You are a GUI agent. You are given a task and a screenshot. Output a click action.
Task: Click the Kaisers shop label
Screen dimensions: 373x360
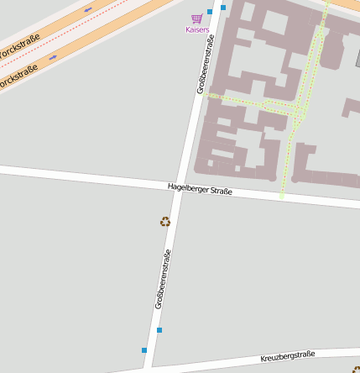click(x=197, y=29)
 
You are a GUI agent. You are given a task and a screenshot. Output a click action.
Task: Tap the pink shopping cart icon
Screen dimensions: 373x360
click(x=197, y=18)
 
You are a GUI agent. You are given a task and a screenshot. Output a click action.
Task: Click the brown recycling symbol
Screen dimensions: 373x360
click(x=165, y=222)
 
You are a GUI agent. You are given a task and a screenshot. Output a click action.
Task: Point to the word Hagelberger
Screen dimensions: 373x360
click(x=187, y=187)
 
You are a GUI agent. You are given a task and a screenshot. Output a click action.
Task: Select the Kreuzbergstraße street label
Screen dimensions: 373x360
click(x=287, y=357)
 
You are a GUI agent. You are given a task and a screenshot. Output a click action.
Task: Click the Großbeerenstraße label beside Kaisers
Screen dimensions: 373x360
click(x=205, y=64)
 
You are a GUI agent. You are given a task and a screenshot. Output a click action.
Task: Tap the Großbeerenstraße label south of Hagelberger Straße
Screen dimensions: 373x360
click(x=163, y=280)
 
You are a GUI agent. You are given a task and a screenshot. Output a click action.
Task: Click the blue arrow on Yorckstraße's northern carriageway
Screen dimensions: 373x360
click(x=87, y=10)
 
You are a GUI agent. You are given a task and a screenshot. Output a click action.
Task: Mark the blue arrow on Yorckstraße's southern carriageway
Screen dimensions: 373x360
click(x=53, y=57)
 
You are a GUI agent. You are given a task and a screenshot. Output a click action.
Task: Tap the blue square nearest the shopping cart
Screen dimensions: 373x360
click(x=210, y=12)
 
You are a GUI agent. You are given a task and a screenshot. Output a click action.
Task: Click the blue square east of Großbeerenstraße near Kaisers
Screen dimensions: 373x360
click(x=223, y=8)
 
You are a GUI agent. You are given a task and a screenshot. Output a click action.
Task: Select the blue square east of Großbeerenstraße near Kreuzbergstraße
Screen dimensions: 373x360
click(x=159, y=330)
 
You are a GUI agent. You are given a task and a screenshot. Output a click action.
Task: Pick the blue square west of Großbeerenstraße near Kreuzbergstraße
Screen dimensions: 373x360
click(x=144, y=349)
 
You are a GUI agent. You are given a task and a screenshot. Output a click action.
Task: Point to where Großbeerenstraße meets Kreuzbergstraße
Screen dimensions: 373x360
click(x=149, y=367)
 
